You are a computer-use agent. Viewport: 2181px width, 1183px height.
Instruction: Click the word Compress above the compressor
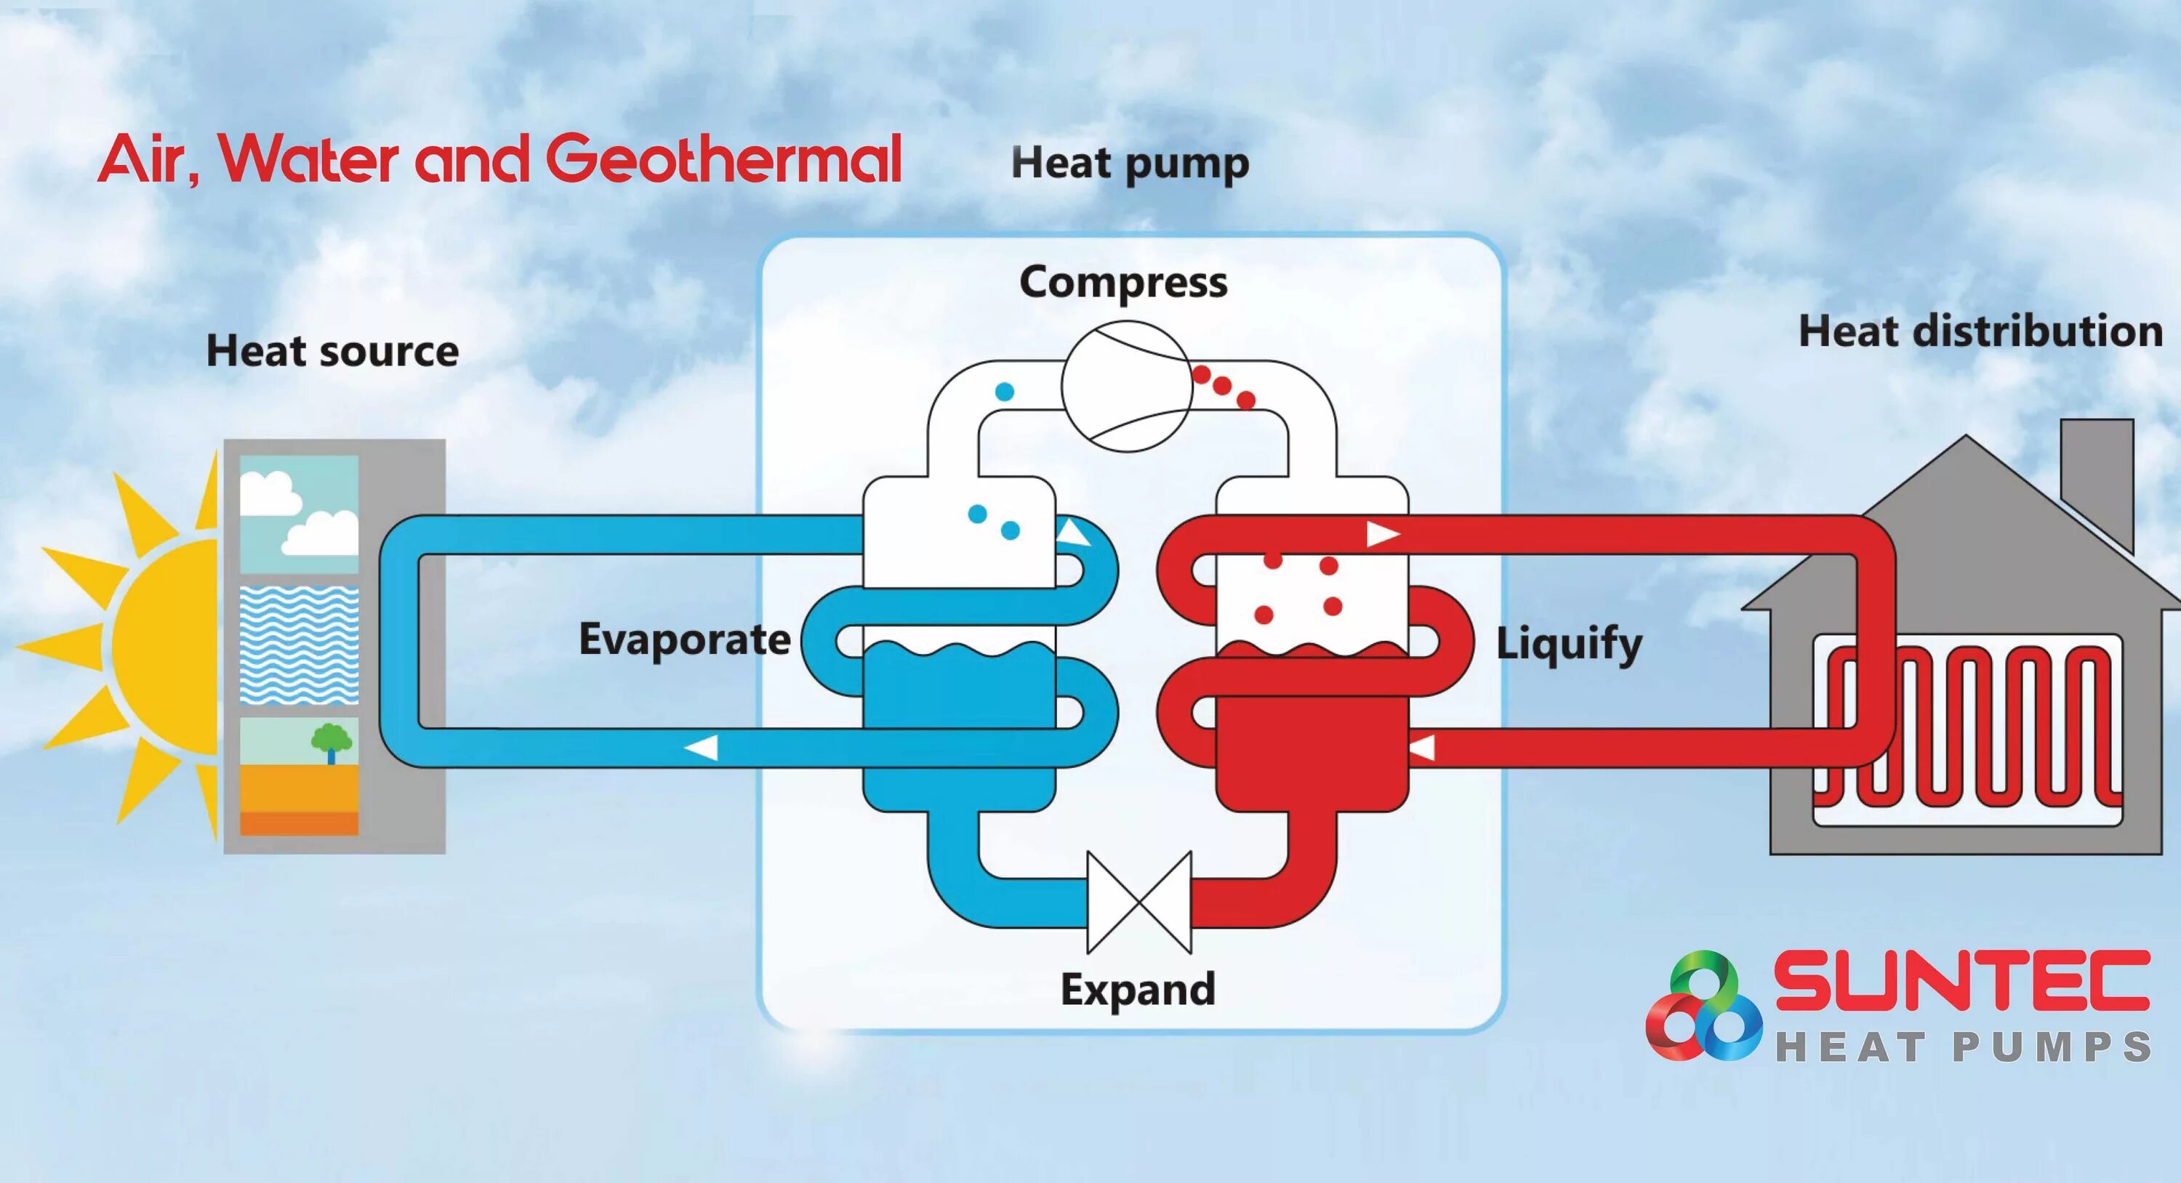1122,283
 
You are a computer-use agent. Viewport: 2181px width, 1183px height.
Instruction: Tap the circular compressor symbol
1127,386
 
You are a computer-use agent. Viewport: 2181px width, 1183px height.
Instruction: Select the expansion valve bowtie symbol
1138,902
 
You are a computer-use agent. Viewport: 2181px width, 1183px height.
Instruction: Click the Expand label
1138,989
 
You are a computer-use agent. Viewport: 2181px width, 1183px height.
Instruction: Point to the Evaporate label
684,639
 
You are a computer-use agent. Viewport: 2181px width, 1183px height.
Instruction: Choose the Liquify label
1569,644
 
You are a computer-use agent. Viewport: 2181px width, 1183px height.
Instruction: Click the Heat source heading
332,351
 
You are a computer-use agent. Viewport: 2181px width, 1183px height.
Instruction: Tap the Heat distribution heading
1980,331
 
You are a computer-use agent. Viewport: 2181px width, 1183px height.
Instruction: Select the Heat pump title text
1130,163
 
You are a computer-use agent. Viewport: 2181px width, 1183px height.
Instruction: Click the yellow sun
161,647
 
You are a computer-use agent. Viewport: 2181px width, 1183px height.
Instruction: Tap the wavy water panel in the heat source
299,645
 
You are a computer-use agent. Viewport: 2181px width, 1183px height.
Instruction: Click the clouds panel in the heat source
299,514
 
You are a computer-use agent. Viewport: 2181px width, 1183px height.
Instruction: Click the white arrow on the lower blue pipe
701,748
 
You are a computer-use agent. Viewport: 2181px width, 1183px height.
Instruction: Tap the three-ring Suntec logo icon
1703,1007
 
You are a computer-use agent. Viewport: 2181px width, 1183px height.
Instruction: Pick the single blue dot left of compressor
1004,391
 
